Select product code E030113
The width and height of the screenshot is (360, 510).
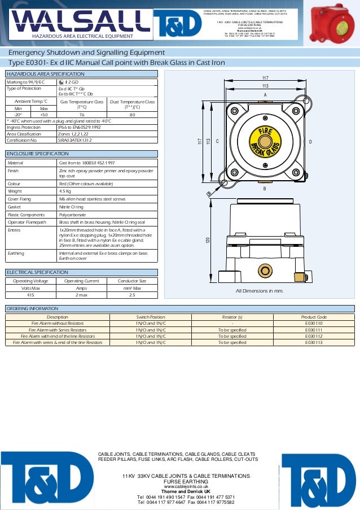pyautogui.click(x=314, y=342)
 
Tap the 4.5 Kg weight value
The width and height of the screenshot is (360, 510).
pyautogui.click(x=66, y=191)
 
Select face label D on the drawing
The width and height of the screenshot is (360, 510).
pyautogui.click(x=310, y=141)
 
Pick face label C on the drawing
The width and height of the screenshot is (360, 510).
pyautogui.click(x=217, y=141)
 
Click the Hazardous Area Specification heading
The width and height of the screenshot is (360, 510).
pyautogui.click(x=45, y=74)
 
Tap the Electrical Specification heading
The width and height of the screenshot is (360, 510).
pyautogui.click(x=37, y=272)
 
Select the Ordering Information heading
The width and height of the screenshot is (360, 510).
pyautogui.click(x=32, y=308)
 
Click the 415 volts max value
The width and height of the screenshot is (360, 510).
pyautogui.click(x=31, y=294)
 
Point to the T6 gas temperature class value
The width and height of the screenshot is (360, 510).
pyautogui.click(x=81, y=114)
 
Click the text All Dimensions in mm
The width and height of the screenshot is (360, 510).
pyautogui.click(x=259, y=291)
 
